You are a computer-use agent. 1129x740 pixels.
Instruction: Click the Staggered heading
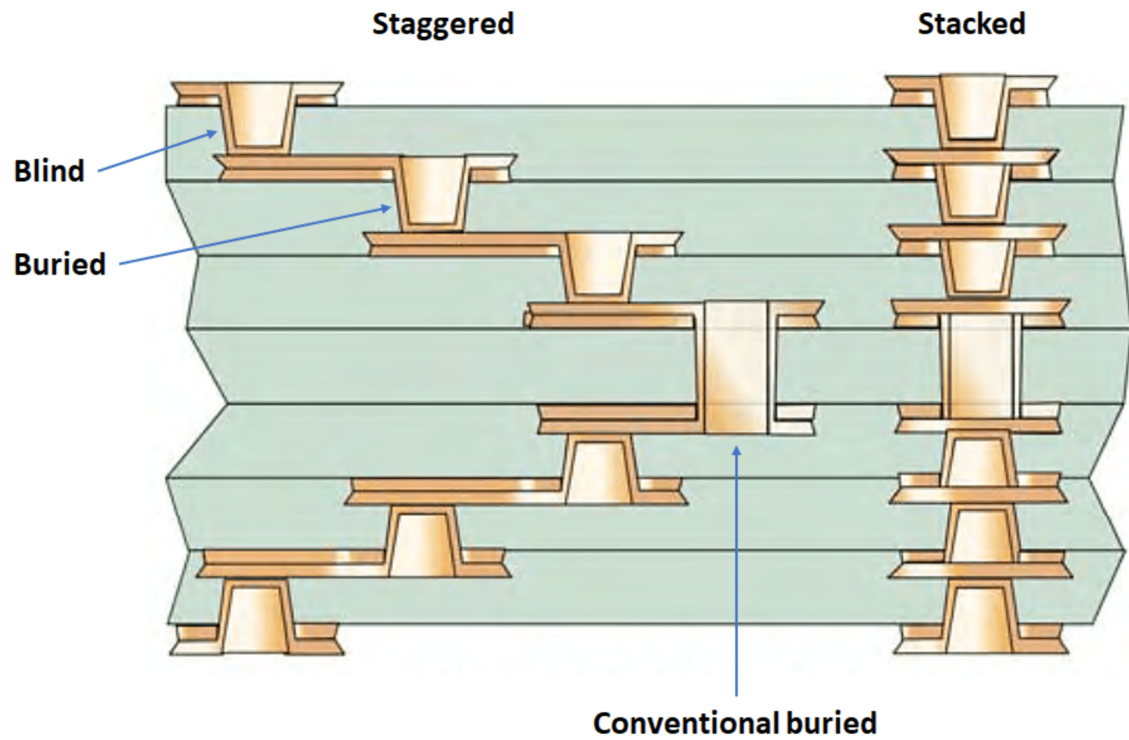tap(443, 24)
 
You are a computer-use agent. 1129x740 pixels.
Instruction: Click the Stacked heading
tap(971, 24)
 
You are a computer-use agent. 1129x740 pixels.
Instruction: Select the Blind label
tap(49, 171)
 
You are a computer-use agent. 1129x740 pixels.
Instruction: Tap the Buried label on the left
tap(60, 263)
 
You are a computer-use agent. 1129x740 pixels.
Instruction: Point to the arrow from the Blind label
tap(158, 151)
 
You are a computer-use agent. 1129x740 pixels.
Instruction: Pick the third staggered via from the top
tap(599, 265)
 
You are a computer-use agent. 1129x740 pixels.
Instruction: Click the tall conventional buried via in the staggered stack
tap(735, 369)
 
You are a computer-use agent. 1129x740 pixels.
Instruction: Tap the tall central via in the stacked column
tap(980, 366)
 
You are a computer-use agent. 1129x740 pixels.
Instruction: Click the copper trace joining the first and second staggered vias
tap(309, 170)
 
